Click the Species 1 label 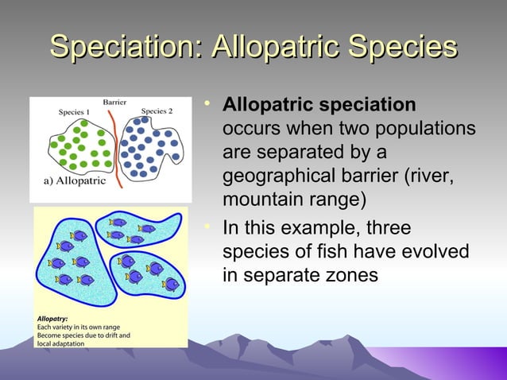74,112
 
